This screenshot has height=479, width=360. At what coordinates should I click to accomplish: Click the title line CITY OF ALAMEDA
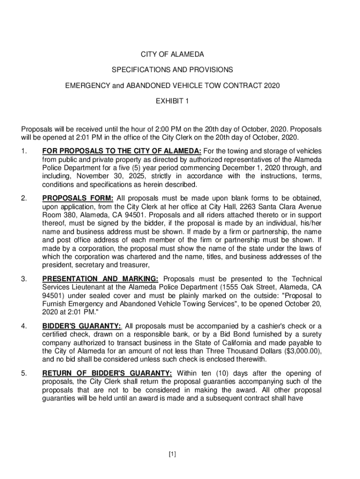tap(173, 55)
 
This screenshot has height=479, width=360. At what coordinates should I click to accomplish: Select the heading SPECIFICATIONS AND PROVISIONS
tap(173, 70)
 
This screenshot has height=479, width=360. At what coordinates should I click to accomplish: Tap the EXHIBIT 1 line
tap(173, 100)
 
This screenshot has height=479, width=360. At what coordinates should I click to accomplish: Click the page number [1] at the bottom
tap(173, 454)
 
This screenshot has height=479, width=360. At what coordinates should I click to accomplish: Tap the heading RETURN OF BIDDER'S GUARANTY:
tap(107, 373)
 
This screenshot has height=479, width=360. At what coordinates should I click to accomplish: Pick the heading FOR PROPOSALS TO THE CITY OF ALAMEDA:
tap(122, 151)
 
